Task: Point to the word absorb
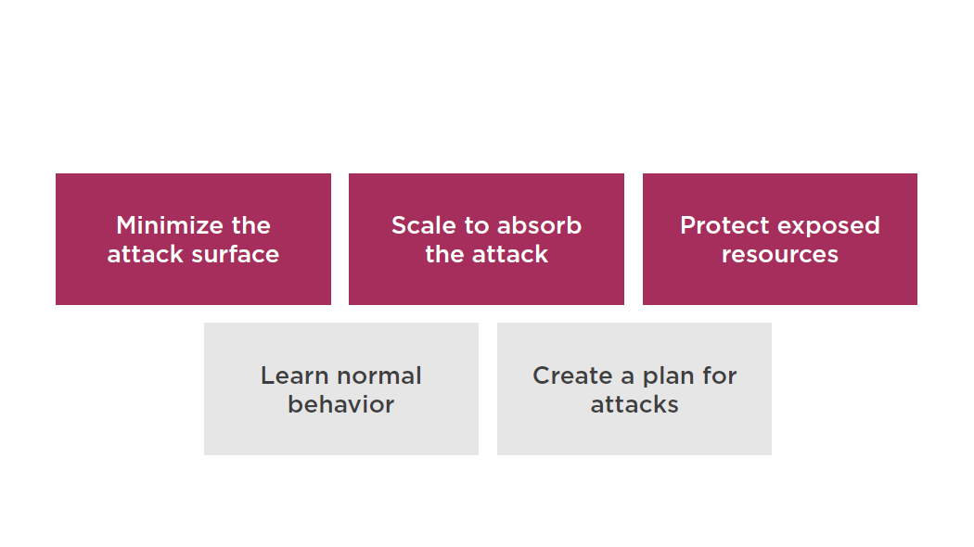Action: point(539,225)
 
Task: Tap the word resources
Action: point(779,255)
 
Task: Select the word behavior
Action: point(341,405)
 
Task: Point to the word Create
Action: point(572,375)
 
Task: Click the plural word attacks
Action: point(634,405)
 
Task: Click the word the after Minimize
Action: point(251,225)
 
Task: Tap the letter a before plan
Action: point(627,378)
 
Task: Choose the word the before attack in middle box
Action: point(444,255)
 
